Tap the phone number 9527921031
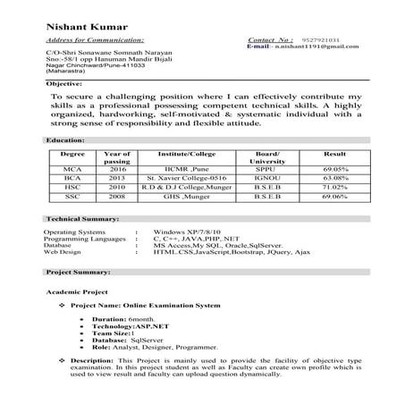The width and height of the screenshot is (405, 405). [320, 41]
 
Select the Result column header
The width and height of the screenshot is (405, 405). [334, 155]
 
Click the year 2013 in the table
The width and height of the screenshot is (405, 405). [117, 179]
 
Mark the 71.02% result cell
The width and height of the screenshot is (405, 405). [335, 188]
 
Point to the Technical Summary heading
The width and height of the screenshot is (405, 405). [83, 219]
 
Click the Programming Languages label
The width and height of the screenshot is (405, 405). [84, 240]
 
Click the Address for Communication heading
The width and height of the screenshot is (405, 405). [94, 41]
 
